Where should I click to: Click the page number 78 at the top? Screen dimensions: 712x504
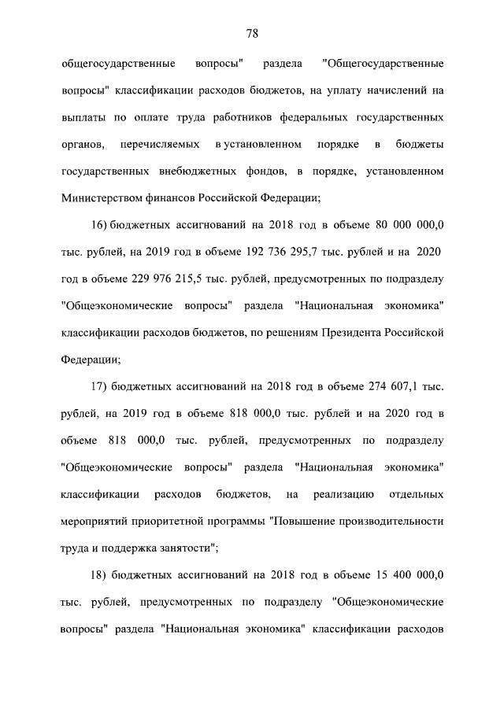point(252,34)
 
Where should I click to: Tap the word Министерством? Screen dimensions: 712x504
point(98,197)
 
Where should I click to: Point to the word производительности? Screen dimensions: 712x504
point(384,521)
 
